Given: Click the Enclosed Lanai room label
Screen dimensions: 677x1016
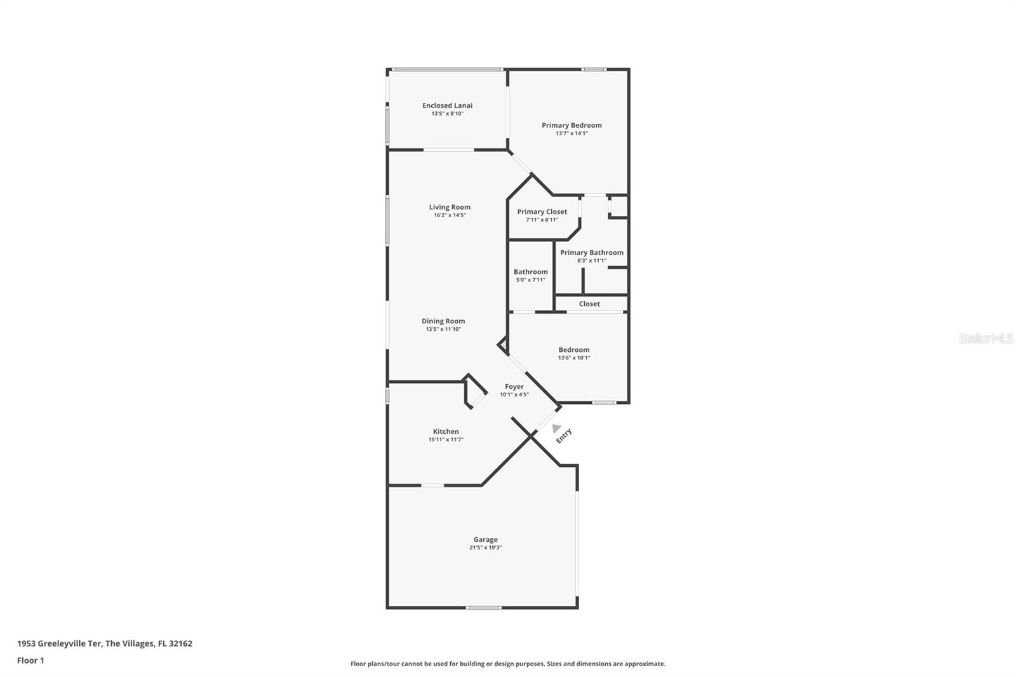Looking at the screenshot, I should click(x=447, y=105).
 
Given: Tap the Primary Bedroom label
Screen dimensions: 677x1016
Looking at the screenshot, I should click(x=571, y=125).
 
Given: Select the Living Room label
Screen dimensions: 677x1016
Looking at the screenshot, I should click(x=450, y=207).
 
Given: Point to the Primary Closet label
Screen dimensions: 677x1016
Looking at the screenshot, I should click(x=542, y=212).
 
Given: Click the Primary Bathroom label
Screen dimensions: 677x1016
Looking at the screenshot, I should click(x=591, y=253).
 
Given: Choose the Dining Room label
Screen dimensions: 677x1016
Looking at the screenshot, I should click(x=443, y=321).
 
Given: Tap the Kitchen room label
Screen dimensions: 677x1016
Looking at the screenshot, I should click(x=446, y=432).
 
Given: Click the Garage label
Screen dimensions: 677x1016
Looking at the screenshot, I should click(x=485, y=540).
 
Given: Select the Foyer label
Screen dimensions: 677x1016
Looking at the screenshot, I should click(x=514, y=387).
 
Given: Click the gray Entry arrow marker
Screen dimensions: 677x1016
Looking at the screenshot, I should click(x=556, y=429).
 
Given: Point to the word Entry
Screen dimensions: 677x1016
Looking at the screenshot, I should click(x=564, y=436).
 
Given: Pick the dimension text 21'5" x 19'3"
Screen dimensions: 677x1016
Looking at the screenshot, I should click(x=485, y=547).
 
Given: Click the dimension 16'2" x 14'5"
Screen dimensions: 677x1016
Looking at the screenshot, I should click(x=450, y=215).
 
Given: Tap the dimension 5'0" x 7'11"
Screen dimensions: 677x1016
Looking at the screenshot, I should click(x=530, y=280).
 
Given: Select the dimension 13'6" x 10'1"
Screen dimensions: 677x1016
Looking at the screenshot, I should click(x=574, y=358).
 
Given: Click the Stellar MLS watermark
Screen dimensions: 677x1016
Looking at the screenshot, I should click(x=986, y=338).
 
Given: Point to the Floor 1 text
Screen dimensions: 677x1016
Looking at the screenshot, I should click(x=30, y=660).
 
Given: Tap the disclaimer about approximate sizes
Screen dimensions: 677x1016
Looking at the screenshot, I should click(x=508, y=664).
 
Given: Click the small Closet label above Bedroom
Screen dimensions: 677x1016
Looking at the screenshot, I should click(x=589, y=304).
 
